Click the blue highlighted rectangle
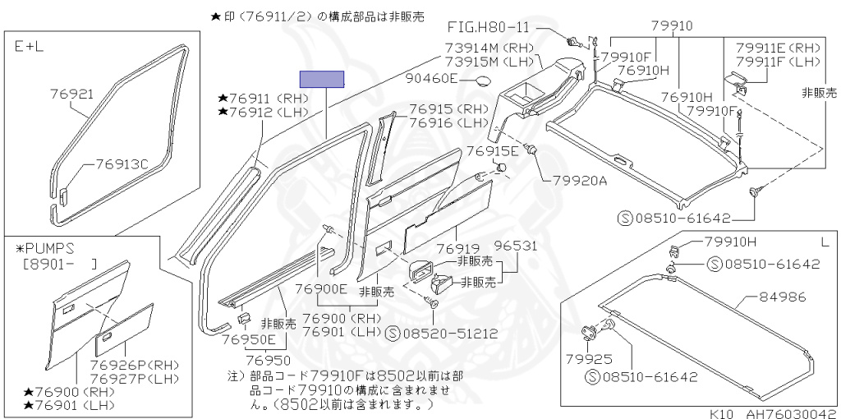321,79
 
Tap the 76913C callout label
121,163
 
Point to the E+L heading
30,47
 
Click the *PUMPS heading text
45,246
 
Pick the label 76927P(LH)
133,379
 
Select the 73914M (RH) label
490,48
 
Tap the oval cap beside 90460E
484,81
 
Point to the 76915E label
493,151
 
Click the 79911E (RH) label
778,48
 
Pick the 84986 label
783,297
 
